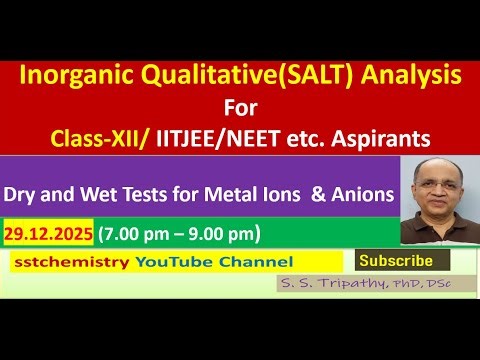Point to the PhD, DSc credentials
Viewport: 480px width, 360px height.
[409, 284]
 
